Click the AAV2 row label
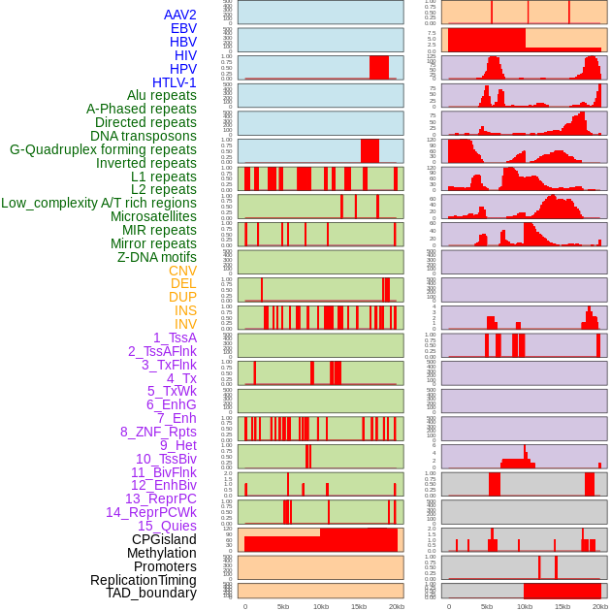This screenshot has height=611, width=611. click(x=180, y=15)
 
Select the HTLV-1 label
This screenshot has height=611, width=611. click(x=175, y=82)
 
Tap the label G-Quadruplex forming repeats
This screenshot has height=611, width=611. click(x=103, y=149)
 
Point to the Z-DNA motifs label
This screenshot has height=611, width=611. click(x=157, y=257)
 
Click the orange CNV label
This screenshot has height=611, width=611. click(x=182, y=271)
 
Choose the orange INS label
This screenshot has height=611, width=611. click(x=185, y=310)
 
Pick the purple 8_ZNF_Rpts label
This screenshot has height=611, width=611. click(x=158, y=432)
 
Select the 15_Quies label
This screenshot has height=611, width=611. click(x=167, y=526)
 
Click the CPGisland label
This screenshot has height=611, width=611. click(x=164, y=539)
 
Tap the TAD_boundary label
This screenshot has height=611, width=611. click(x=151, y=593)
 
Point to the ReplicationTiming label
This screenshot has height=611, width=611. click(x=144, y=580)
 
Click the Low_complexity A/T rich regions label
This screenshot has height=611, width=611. click(x=99, y=203)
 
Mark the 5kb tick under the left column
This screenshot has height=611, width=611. click(x=283, y=606)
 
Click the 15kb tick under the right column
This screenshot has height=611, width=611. click(x=563, y=606)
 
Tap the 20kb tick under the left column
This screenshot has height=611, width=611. click(x=396, y=606)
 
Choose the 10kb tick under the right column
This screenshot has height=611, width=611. click(x=525, y=606)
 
